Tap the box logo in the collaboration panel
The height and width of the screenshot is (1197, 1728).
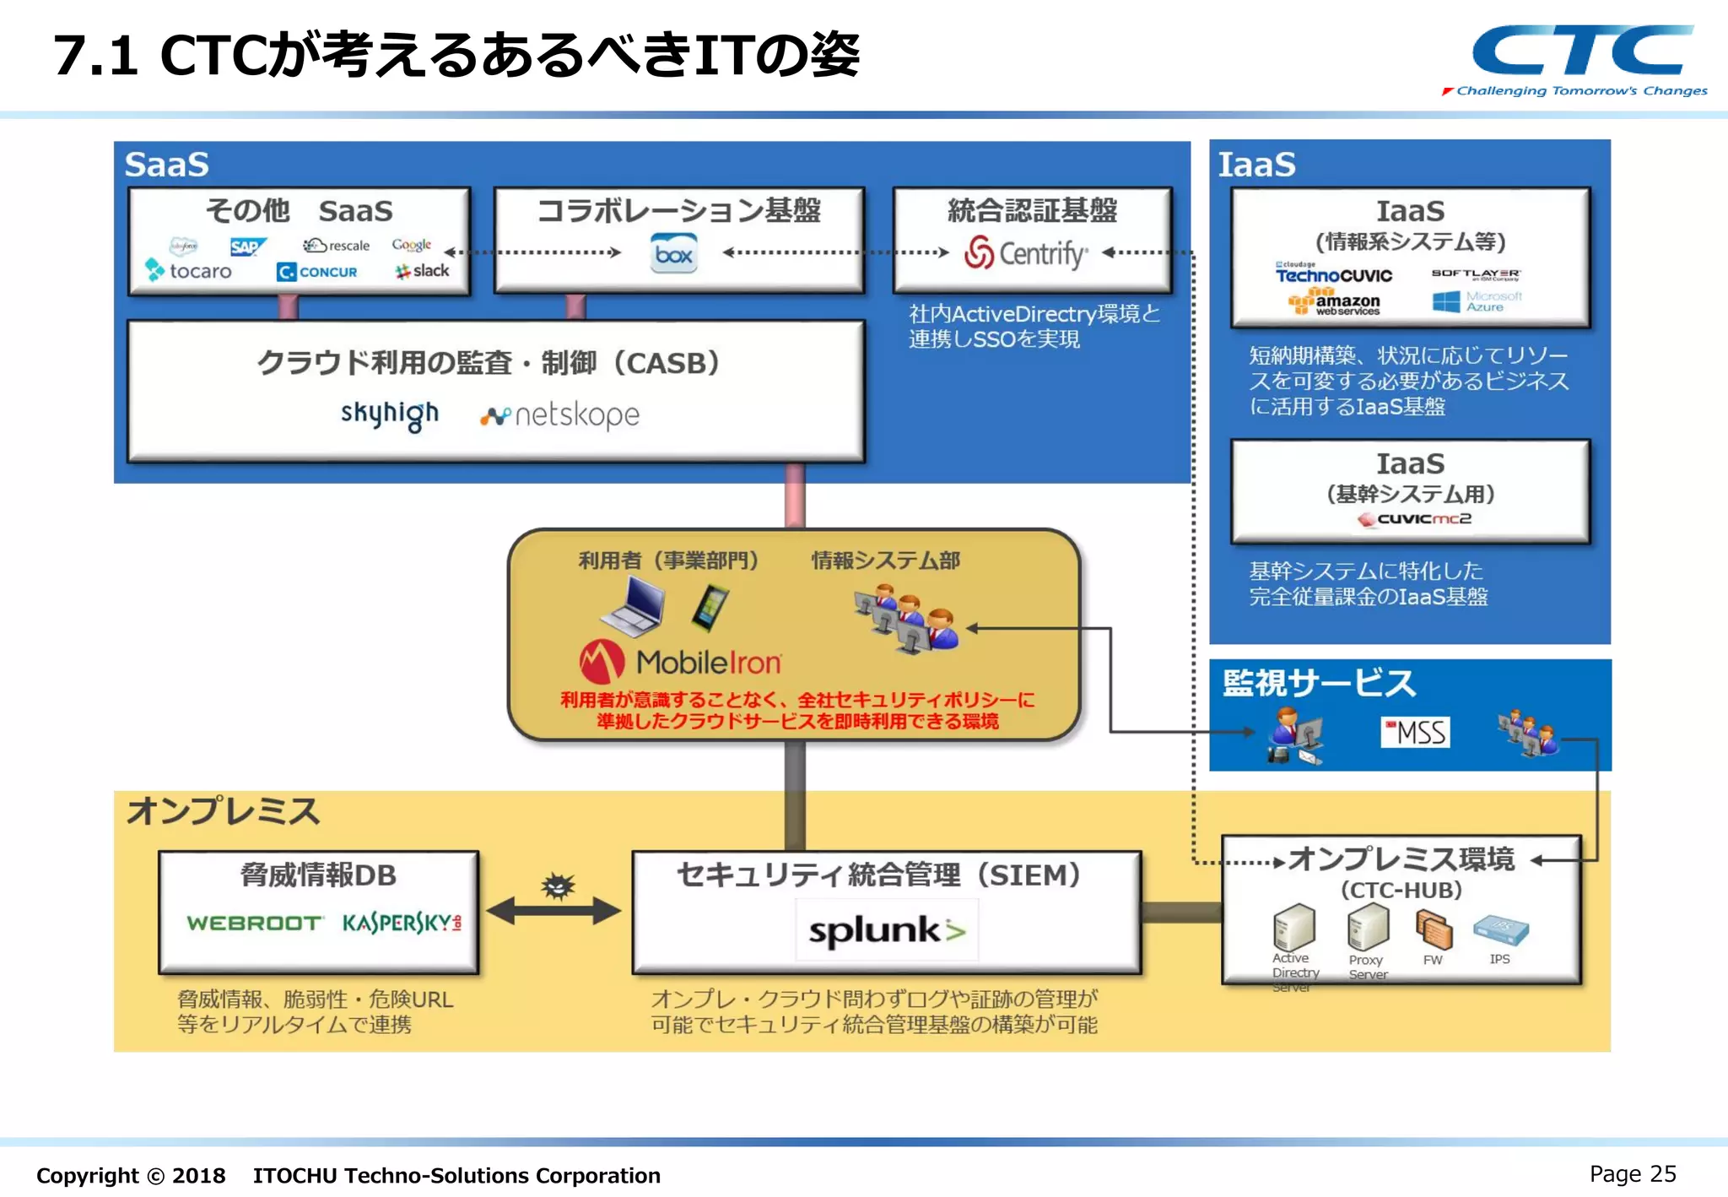click(x=673, y=254)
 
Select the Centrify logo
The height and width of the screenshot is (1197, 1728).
click(x=1025, y=252)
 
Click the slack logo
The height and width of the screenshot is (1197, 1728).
click(x=423, y=271)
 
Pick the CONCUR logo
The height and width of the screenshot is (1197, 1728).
click(x=317, y=272)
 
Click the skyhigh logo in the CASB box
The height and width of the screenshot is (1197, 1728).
click(x=390, y=414)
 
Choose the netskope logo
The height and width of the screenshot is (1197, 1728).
click(x=560, y=415)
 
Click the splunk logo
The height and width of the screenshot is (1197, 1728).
click(x=886, y=930)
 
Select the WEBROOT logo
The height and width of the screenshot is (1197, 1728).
click(x=254, y=923)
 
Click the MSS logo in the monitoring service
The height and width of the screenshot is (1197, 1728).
click(x=1416, y=732)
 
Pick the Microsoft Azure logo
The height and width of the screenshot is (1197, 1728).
click(x=1477, y=301)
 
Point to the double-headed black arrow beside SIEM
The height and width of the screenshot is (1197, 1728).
click(x=553, y=911)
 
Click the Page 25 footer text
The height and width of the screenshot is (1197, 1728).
click(x=1632, y=1174)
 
